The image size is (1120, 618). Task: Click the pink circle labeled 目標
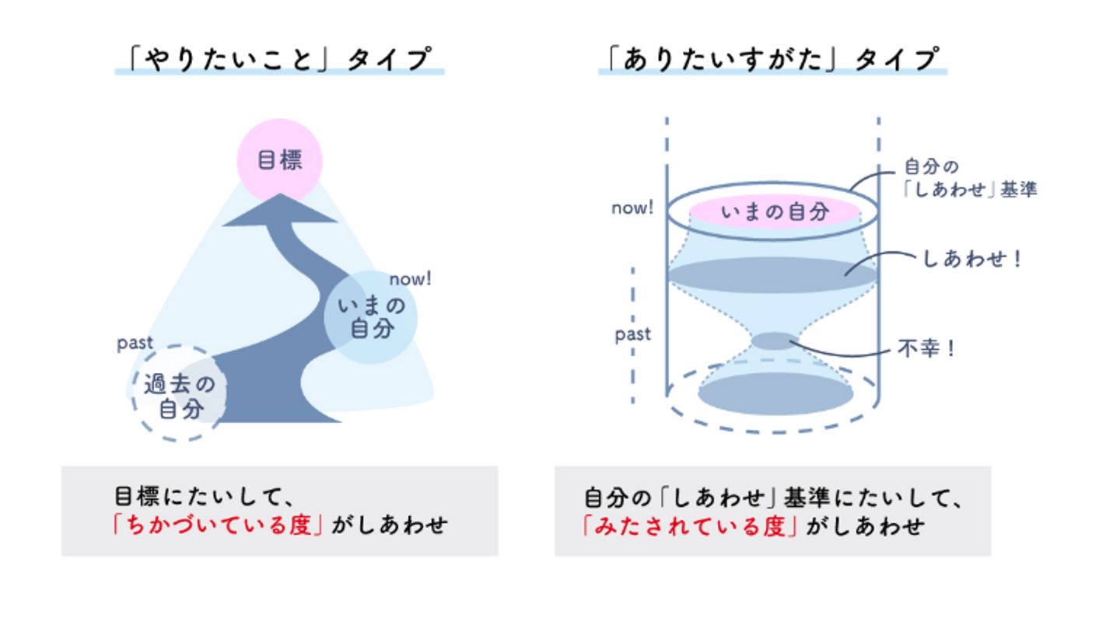279,161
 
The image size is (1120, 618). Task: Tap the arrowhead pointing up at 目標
280,211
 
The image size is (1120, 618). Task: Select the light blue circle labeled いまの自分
370,317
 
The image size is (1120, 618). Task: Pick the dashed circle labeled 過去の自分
179,393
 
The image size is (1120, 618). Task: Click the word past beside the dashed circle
135,344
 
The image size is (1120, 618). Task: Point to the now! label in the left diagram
410,279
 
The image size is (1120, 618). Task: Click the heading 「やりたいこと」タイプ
279,59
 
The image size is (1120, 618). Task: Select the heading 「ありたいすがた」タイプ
773,59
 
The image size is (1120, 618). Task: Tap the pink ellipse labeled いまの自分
775,211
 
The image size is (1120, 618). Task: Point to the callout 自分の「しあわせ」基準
970,178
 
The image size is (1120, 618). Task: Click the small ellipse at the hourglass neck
774,341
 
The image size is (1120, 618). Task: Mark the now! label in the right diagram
632,208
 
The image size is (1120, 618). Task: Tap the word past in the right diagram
632,334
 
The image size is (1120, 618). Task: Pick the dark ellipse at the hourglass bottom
775,393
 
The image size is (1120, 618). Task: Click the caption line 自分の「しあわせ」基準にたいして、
773,498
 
